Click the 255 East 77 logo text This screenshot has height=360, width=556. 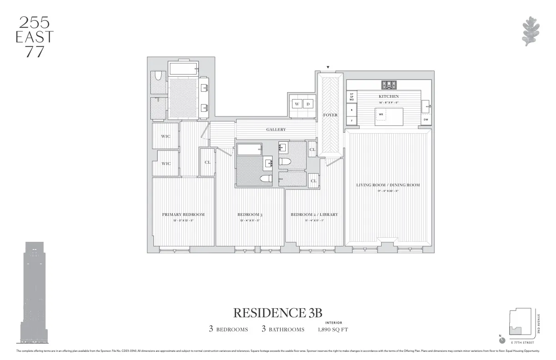point(35,37)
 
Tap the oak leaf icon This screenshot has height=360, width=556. point(531,31)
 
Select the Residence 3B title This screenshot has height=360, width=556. point(278,313)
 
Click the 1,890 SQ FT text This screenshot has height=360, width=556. point(333,330)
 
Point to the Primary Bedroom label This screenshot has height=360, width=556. point(183,215)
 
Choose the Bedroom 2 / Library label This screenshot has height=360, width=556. point(314,215)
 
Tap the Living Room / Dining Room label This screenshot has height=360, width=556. point(387,185)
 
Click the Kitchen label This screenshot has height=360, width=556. point(388,96)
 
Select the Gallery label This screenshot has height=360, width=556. point(276,130)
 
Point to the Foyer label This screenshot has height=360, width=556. point(330,115)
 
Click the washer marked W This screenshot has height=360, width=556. point(297,104)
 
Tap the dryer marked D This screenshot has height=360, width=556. point(308,104)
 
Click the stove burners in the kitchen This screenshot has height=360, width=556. point(388,85)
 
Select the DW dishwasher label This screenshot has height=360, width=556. point(426,120)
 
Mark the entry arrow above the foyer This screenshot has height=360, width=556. point(328,68)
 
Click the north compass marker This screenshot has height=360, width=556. point(501,340)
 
